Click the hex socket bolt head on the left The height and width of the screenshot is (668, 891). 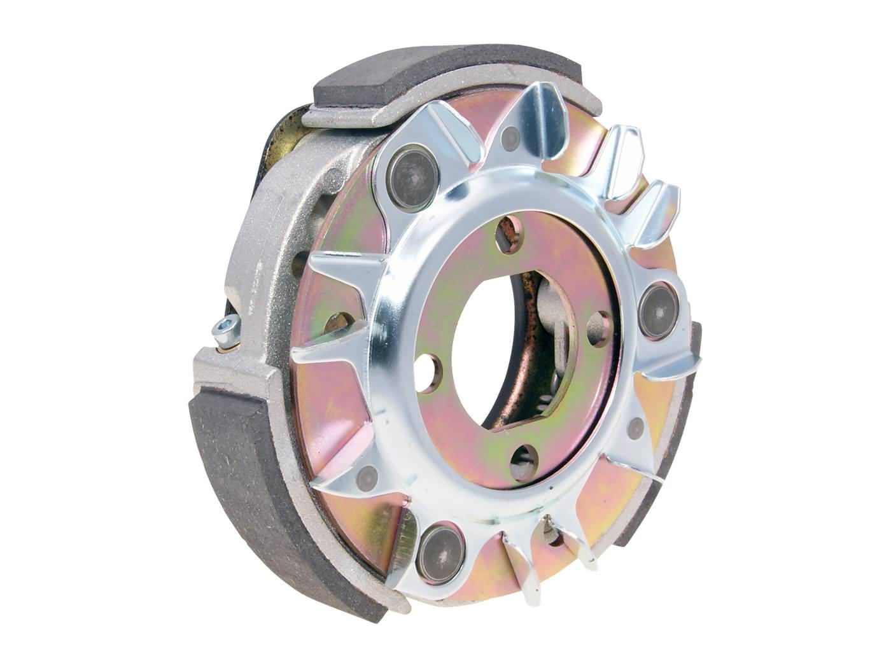click(x=226, y=326)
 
